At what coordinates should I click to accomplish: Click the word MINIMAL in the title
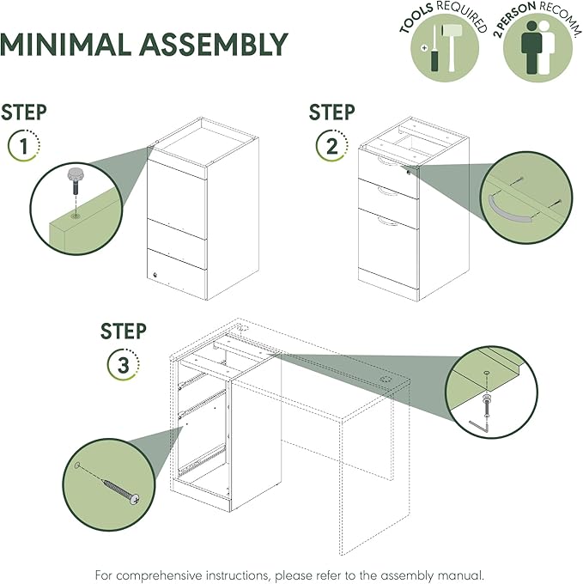[65, 45]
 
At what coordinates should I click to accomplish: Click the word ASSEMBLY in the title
[214, 45]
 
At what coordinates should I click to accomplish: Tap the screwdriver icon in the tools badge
[434, 48]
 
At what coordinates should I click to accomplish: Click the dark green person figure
[531, 47]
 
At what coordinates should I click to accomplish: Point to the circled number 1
[24, 145]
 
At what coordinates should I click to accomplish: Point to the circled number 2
[331, 145]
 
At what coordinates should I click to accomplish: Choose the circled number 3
[124, 365]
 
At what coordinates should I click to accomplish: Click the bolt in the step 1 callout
[74, 180]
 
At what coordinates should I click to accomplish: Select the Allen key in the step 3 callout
[478, 428]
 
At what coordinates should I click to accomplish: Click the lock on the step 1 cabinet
[155, 275]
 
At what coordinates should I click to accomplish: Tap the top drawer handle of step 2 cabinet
[387, 161]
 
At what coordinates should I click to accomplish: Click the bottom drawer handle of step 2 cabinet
[387, 222]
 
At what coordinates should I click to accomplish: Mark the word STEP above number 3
[124, 332]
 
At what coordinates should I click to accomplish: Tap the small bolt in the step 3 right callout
[486, 406]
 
